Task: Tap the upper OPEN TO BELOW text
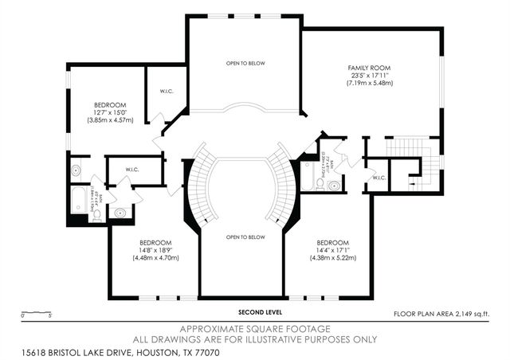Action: pyautogui.click(x=244, y=64)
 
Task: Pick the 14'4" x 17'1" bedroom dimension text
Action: pyautogui.click(x=332, y=250)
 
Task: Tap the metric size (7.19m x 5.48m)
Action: pyautogui.click(x=369, y=83)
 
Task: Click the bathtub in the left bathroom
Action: pyautogui.click(x=80, y=199)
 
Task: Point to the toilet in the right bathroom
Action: pyautogui.click(x=333, y=186)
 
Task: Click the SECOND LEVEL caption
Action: pyautogui.click(x=259, y=312)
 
